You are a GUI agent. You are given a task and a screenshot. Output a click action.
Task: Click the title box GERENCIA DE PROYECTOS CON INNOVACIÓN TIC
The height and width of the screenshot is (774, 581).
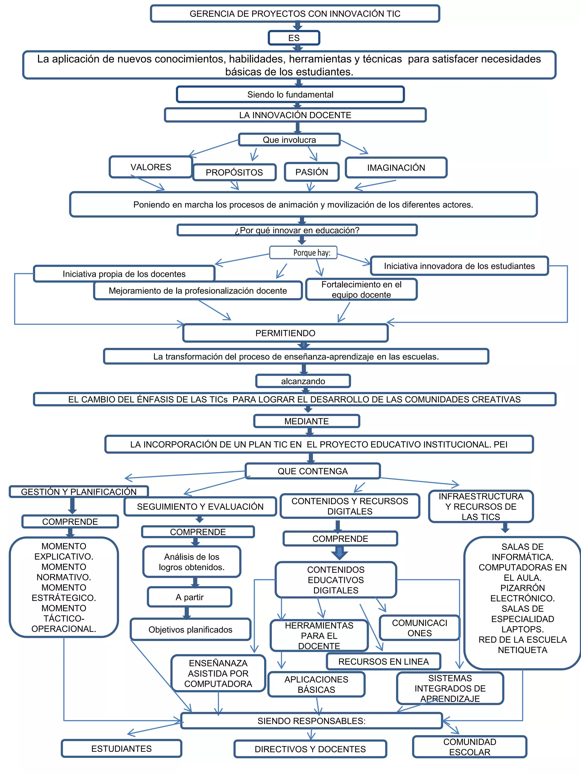294,14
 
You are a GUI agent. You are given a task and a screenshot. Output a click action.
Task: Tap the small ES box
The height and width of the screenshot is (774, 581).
294,38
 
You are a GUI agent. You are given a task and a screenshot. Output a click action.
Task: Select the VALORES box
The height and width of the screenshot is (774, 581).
151,167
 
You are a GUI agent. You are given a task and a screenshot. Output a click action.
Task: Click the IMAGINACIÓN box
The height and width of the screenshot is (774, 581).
396,167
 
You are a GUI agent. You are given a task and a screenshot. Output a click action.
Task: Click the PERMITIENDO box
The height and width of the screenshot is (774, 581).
285,333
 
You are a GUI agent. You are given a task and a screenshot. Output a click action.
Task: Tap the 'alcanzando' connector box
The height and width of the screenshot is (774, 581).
303,381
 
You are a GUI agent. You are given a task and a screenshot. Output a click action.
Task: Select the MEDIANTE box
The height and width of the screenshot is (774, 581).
306,421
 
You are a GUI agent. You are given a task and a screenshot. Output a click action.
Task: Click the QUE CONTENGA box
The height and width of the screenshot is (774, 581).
312,471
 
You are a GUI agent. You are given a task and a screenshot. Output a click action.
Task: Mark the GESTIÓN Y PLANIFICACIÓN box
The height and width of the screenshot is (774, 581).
79,492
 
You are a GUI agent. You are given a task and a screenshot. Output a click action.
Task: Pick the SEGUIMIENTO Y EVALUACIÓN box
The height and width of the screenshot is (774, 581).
200,506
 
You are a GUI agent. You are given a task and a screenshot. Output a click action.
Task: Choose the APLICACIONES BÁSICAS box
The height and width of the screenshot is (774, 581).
316,684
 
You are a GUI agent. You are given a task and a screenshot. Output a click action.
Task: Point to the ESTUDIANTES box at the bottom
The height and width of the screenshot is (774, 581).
121,748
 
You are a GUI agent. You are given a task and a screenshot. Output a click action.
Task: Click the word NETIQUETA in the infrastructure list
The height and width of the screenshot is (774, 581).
522,650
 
